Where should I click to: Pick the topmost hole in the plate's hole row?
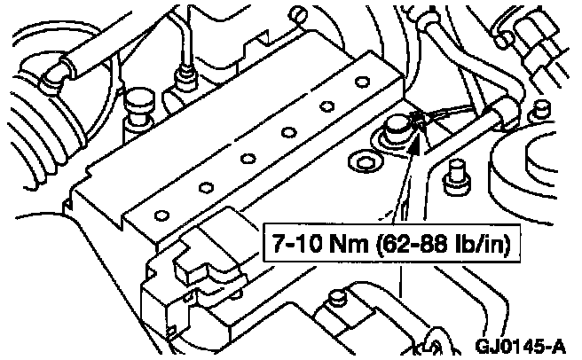(x=361, y=82)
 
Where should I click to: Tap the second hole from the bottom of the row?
(x=205, y=187)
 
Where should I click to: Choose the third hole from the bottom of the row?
(x=248, y=160)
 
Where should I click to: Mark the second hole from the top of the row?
(x=326, y=106)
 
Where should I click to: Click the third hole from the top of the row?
(x=288, y=133)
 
